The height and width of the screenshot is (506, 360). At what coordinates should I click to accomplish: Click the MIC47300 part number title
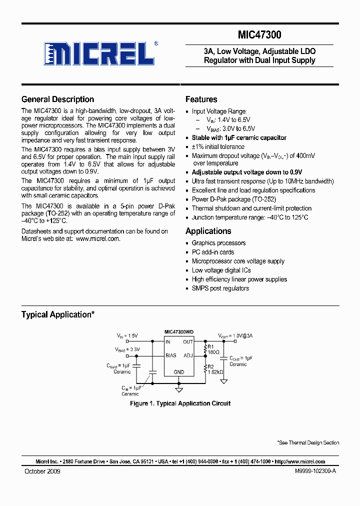259,35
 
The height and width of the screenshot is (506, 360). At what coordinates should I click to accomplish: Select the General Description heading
57,99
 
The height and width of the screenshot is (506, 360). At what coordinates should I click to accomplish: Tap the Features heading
201,99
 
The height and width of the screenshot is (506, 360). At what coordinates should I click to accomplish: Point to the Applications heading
208,231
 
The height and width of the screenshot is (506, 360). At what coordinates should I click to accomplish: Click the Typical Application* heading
57,314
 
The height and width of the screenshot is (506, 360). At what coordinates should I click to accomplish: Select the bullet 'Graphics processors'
218,243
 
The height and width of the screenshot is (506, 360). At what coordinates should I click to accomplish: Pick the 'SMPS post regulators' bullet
220,288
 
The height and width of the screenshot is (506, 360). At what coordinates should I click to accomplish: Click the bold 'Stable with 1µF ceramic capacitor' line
239,137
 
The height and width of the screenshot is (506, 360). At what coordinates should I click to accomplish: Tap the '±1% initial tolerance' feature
218,147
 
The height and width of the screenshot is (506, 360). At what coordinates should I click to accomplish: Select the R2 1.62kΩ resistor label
214,369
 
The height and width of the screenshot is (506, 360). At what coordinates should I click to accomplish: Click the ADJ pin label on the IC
187,356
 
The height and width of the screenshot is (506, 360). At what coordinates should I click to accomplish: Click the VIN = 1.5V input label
127,335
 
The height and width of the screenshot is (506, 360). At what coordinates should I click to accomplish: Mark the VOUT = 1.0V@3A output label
235,335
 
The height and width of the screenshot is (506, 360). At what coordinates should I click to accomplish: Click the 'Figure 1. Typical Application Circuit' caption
180,403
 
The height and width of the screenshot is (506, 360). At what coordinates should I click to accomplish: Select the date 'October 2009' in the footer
42,471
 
